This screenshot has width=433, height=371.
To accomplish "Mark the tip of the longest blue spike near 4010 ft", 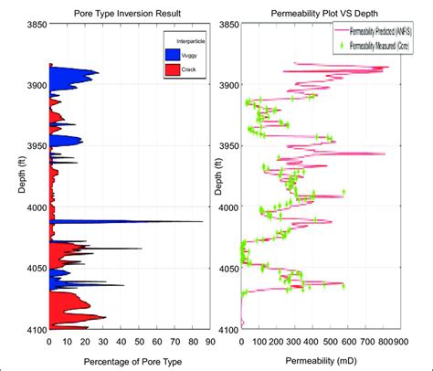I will pyautogui.click(x=203, y=222).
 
